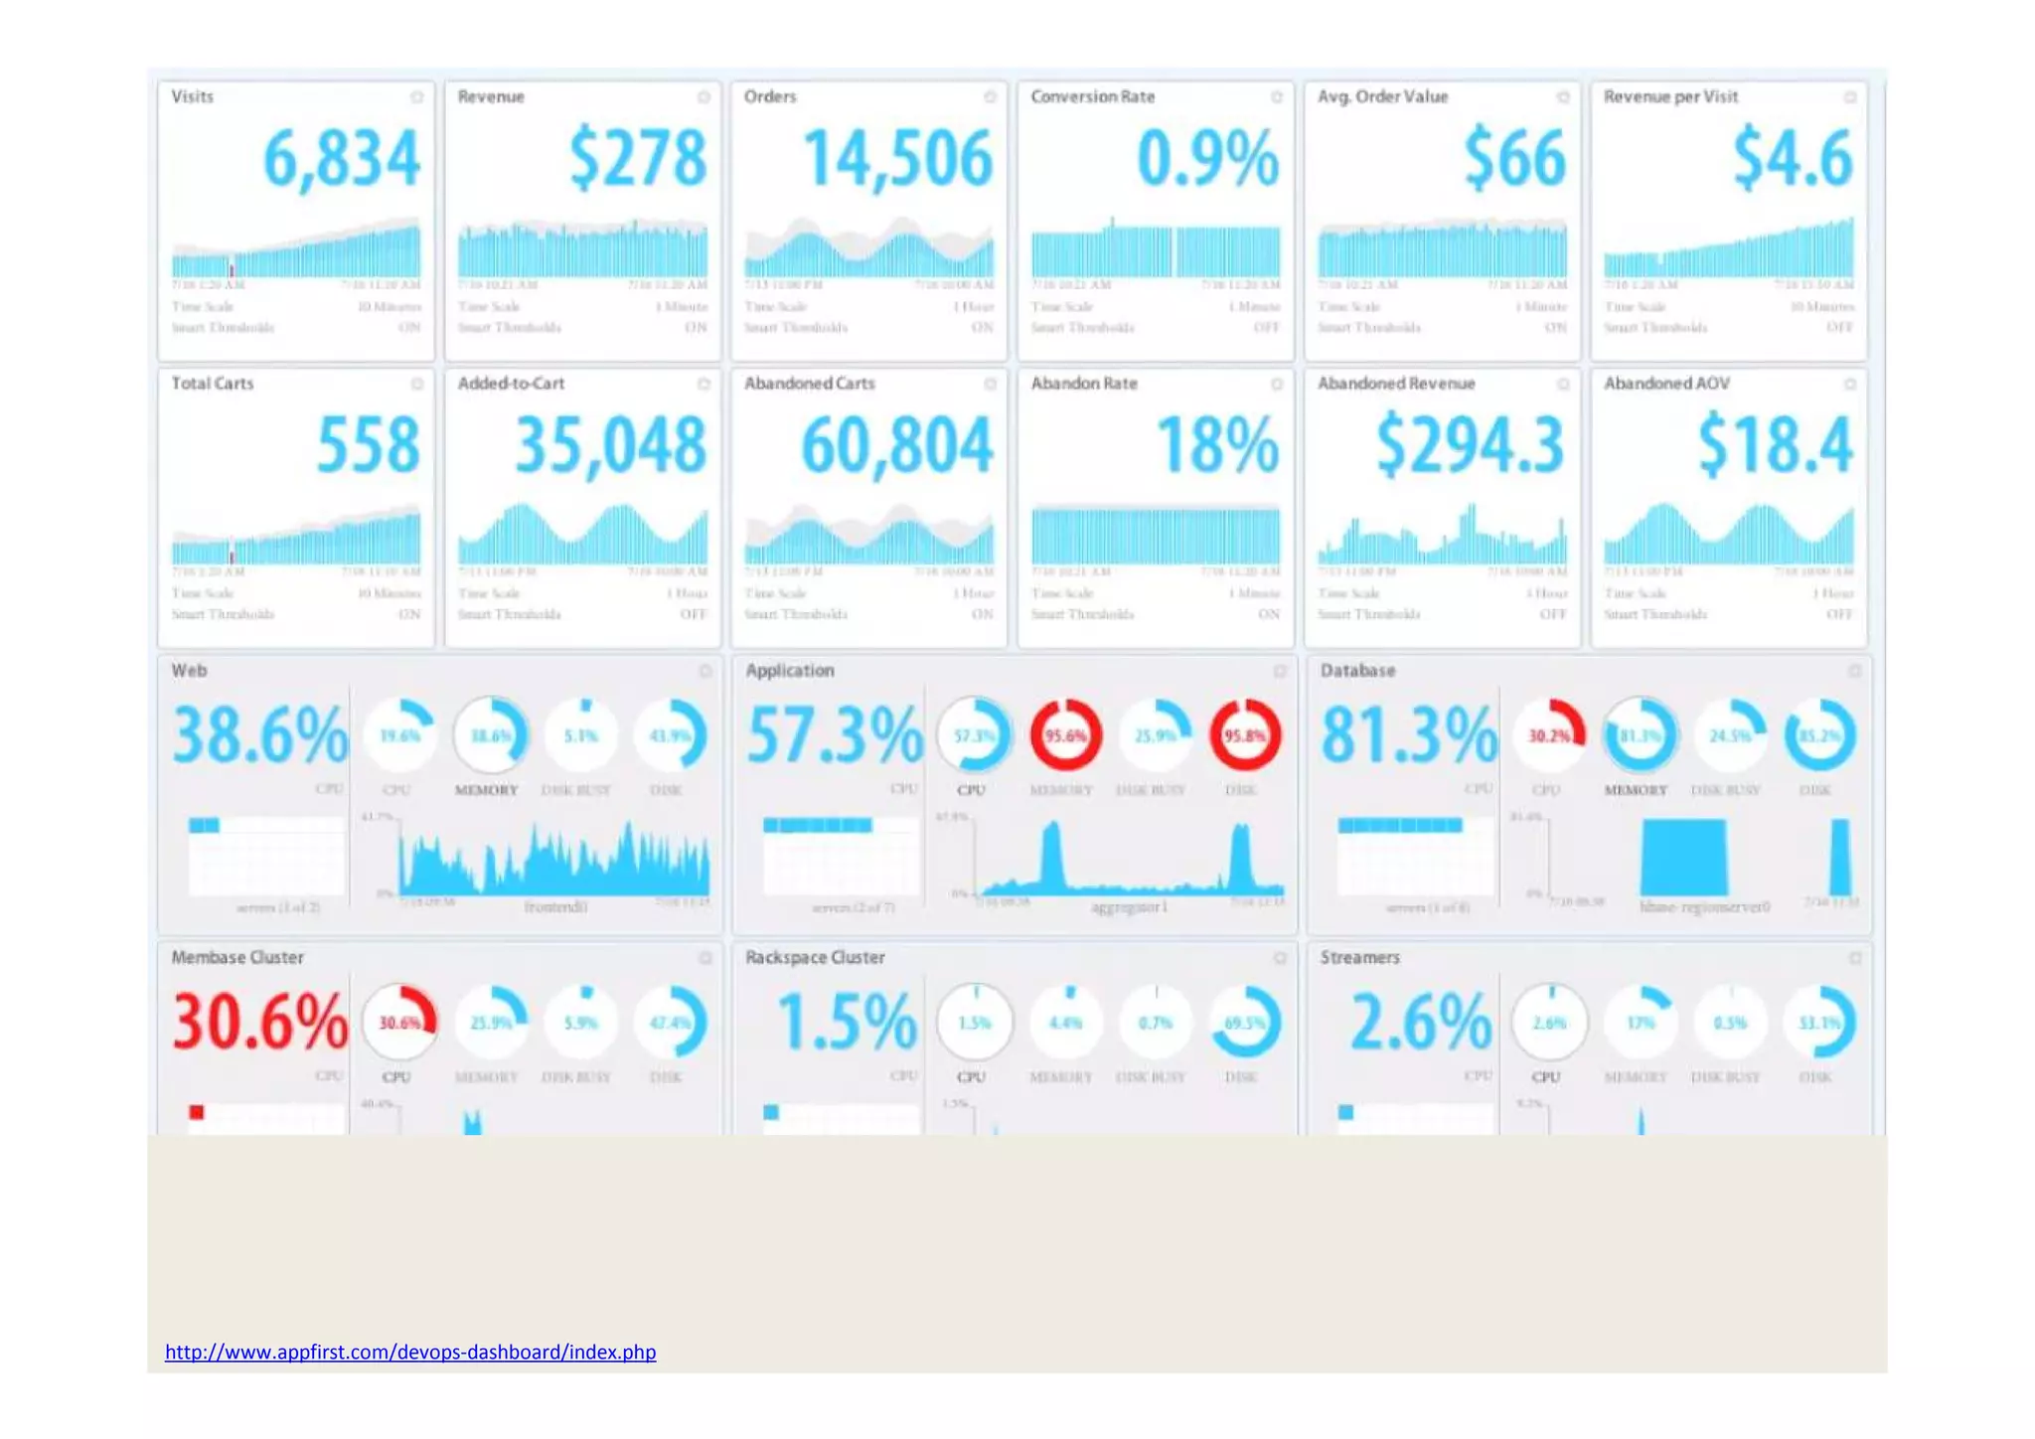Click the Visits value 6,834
click(x=341, y=159)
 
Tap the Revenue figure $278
click(x=637, y=159)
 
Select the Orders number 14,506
click(x=897, y=159)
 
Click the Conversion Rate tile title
click(x=1092, y=96)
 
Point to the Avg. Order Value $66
click(x=1514, y=159)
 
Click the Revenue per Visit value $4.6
click(x=1792, y=159)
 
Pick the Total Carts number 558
click(x=368, y=445)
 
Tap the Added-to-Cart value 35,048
click(x=610, y=445)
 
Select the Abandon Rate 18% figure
click(x=1217, y=445)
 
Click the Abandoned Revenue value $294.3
click(x=1470, y=445)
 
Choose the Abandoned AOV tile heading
click(x=1666, y=384)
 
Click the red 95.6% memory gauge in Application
click(x=1065, y=735)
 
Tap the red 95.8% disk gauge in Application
click(x=1244, y=735)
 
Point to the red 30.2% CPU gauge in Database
click(x=1549, y=735)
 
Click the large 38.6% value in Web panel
click(x=260, y=735)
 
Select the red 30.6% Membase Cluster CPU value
click(x=260, y=1022)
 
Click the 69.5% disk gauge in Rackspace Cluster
click(x=1244, y=1022)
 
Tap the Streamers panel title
click(x=1359, y=957)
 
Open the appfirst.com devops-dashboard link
click(x=409, y=1352)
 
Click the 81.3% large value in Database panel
click(x=1408, y=735)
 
